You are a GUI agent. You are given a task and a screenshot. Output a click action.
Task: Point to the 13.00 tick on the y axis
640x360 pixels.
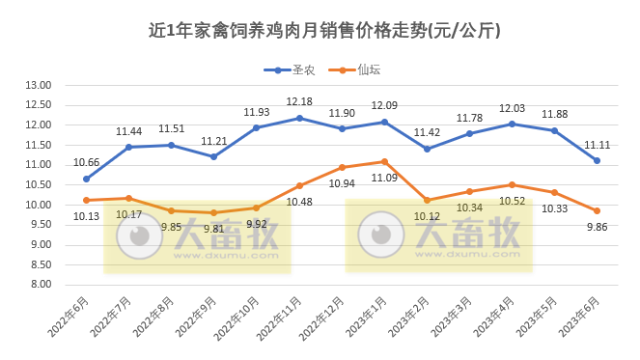click(x=39, y=85)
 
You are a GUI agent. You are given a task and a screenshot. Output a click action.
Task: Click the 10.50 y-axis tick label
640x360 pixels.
click(x=39, y=184)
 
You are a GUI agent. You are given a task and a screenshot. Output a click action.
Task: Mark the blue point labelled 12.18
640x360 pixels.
click(x=299, y=118)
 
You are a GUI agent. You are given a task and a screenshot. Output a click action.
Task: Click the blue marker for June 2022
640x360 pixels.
click(x=87, y=179)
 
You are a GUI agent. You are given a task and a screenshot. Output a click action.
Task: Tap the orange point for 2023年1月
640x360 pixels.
click(x=384, y=161)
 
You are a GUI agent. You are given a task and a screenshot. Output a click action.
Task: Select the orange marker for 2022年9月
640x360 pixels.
click(x=214, y=212)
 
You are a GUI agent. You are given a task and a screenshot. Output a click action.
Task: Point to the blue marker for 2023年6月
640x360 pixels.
click(x=597, y=160)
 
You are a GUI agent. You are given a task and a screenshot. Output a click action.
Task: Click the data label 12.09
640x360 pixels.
click(x=384, y=105)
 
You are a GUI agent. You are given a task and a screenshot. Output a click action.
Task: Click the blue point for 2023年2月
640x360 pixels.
click(x=427, y=149)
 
